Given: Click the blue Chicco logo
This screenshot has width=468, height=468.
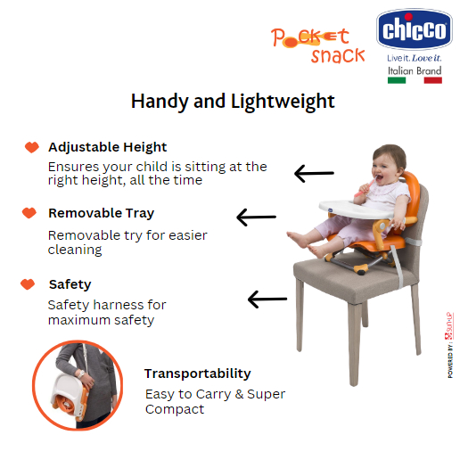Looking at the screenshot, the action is click(415, 29).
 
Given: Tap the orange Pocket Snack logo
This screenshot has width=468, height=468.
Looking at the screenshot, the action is click(317, 45).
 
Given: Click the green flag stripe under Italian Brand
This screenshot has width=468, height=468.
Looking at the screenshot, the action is click(397, 80).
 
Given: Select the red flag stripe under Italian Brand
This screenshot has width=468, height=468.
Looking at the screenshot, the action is click(432, 80).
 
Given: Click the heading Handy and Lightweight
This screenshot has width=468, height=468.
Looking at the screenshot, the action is click(233, 102).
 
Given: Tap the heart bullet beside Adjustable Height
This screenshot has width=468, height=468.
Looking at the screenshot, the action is click(32, 147).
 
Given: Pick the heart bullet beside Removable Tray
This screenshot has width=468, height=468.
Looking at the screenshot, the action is click(29, 213).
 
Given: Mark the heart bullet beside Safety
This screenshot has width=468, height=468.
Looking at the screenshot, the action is click(28, 284).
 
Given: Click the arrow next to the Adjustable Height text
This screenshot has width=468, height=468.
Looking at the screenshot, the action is click(314, 173).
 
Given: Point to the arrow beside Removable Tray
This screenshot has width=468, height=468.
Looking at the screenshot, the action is click(256, 217).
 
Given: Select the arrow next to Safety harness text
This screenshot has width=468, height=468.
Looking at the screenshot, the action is click(267, 299).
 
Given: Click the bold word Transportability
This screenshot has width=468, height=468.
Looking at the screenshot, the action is click(198, 374).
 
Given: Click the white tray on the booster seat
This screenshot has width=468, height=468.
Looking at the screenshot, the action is click(355, 209).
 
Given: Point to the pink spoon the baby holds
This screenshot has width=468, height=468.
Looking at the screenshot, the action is click(365, 187).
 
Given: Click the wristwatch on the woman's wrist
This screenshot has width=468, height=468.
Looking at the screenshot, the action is click(80, 374).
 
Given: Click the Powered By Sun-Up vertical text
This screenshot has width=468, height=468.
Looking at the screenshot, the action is click(450, 345).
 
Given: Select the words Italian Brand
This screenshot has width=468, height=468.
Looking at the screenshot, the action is click(415, 70).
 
